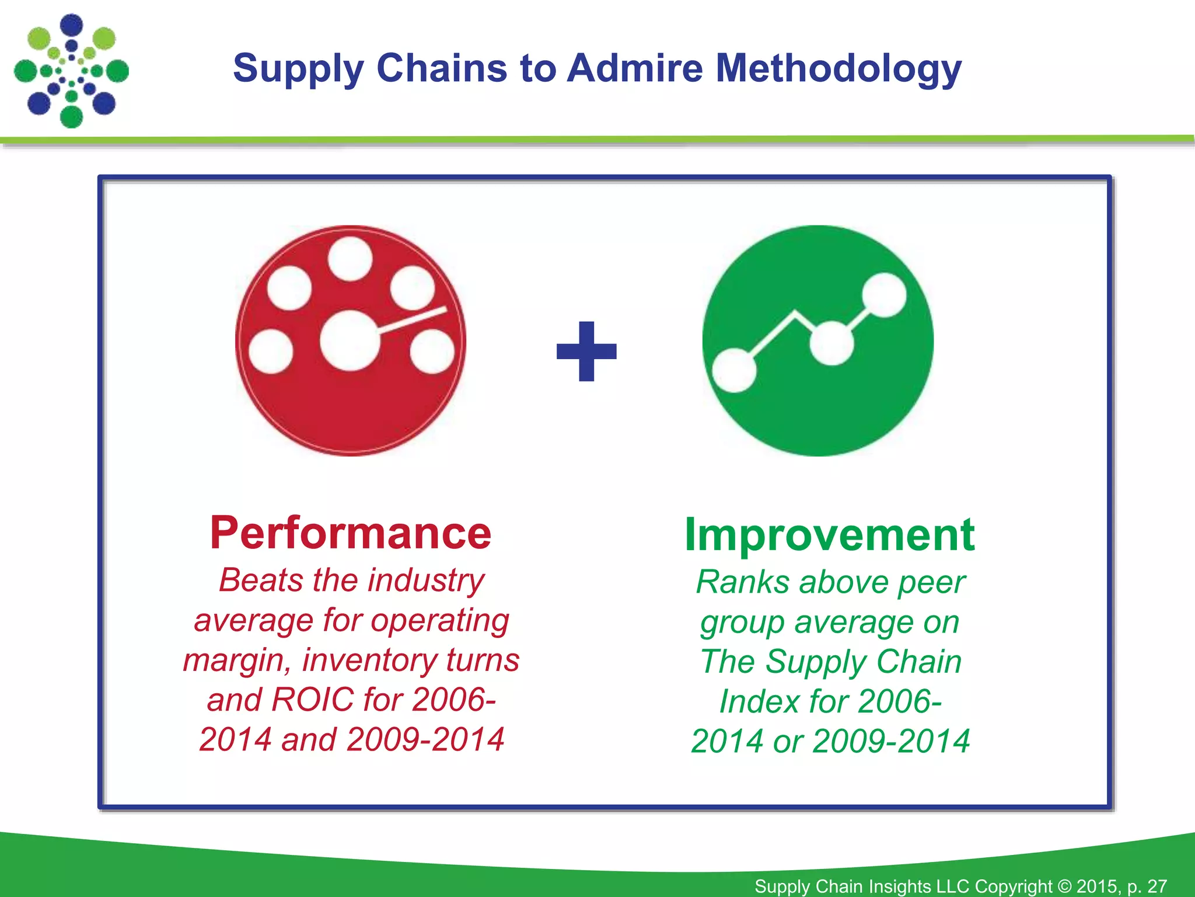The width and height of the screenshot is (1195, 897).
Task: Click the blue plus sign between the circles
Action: tap(586, 352)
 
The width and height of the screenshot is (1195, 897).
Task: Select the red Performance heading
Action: tap(351, 533)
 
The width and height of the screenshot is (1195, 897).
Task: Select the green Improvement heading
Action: tap(829, 534)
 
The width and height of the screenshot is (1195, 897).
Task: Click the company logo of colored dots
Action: tap(71, 71)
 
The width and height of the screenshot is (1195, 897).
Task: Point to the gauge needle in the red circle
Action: tap(412, 321)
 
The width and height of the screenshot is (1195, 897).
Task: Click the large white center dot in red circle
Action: tap(350, 341)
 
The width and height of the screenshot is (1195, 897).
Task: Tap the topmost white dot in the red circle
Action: tap(350, 259)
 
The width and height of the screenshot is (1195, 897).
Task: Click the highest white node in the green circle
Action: tap(884, 295)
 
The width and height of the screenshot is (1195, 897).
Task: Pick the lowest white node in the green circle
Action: tap(734, 370)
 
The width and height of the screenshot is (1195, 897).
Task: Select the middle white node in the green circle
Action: tap(831, 342)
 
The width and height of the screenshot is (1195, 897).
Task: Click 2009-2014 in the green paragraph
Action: tap(891, 741)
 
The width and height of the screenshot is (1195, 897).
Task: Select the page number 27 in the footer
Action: tap(1157, 886)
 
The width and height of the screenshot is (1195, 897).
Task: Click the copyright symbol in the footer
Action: tap(1064, 886)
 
